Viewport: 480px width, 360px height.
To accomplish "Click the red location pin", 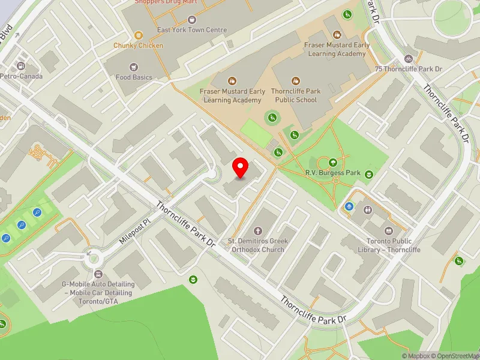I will [241, 167].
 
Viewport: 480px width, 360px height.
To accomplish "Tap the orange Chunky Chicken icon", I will [139, 35].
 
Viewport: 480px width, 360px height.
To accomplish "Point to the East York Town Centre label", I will [183, 30].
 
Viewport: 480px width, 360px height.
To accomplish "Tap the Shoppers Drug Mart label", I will [166, 2].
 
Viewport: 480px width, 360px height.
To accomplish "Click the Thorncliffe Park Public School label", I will [296, 95].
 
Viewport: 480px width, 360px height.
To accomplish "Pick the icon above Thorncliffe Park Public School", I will [295, 80].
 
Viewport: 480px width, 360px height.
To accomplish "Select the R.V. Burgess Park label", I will [332, 173].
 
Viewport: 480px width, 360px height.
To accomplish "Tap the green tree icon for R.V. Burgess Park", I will [332, 161].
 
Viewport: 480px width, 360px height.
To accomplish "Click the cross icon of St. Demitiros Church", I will [258, 230].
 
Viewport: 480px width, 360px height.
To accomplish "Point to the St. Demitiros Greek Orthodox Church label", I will [258, 245].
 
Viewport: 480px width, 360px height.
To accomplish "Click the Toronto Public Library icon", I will [388, 231].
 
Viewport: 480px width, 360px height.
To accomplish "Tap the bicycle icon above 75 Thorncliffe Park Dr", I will [409, 59].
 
